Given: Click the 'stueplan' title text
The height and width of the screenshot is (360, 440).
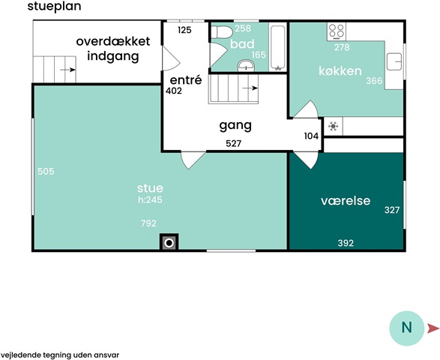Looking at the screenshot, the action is tap(54, 7).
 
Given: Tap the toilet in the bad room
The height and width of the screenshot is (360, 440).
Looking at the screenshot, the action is tap(222, 32).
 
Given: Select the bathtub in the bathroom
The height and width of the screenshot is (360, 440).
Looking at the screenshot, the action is tap(278, 47).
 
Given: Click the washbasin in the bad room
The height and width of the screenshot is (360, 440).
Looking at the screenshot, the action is tap(246, 66).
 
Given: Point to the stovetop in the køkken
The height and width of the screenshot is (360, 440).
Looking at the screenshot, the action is tap(337, 31).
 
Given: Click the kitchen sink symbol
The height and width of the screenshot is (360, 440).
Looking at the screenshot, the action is tap(394, 61).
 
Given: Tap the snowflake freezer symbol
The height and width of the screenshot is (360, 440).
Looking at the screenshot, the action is tap(334, 126).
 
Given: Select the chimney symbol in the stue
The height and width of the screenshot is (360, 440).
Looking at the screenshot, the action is tap(169, 242).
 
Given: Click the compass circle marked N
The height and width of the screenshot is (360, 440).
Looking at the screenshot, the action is tap(406, 328).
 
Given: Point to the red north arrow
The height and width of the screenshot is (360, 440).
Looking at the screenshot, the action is tap(433, 328).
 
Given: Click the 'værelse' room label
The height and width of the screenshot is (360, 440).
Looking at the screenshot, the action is tap(346, 200).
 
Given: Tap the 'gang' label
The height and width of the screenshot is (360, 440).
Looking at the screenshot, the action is tap(235, 126).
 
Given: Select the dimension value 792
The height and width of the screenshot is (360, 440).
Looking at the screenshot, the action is tap(148, 223).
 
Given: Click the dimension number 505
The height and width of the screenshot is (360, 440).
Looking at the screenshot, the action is tap(46, 171).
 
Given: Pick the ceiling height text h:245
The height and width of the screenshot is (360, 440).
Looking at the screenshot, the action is tap(150, 199).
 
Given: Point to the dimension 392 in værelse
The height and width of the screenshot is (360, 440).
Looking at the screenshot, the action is tap(346, 243).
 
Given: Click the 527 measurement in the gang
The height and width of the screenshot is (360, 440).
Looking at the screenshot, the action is tap(233, 143).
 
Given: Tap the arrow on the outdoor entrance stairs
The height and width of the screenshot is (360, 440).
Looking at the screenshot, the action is tap(67, 70).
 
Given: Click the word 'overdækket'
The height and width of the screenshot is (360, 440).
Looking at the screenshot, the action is tap(113, 41).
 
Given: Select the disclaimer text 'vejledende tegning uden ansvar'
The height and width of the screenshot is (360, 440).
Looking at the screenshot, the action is tap(60, 355).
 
